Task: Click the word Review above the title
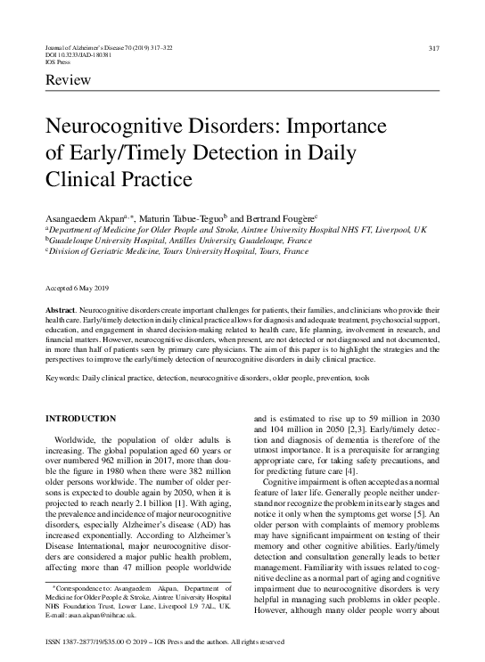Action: (63, 84)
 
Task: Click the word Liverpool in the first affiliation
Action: (385, 229)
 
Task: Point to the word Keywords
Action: (63, 377)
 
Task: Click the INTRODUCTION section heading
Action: (80, 418)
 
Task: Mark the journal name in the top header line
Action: (85, 47)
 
